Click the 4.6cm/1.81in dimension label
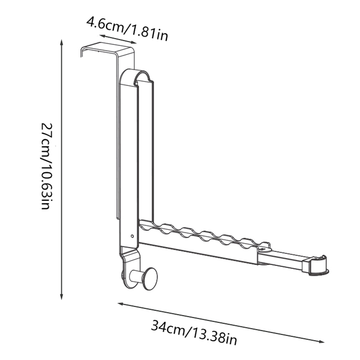coord(127,29)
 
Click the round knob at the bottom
coord(150,279)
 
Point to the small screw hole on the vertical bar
coord(132,236)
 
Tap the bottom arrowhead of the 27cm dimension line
coord(61,296)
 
